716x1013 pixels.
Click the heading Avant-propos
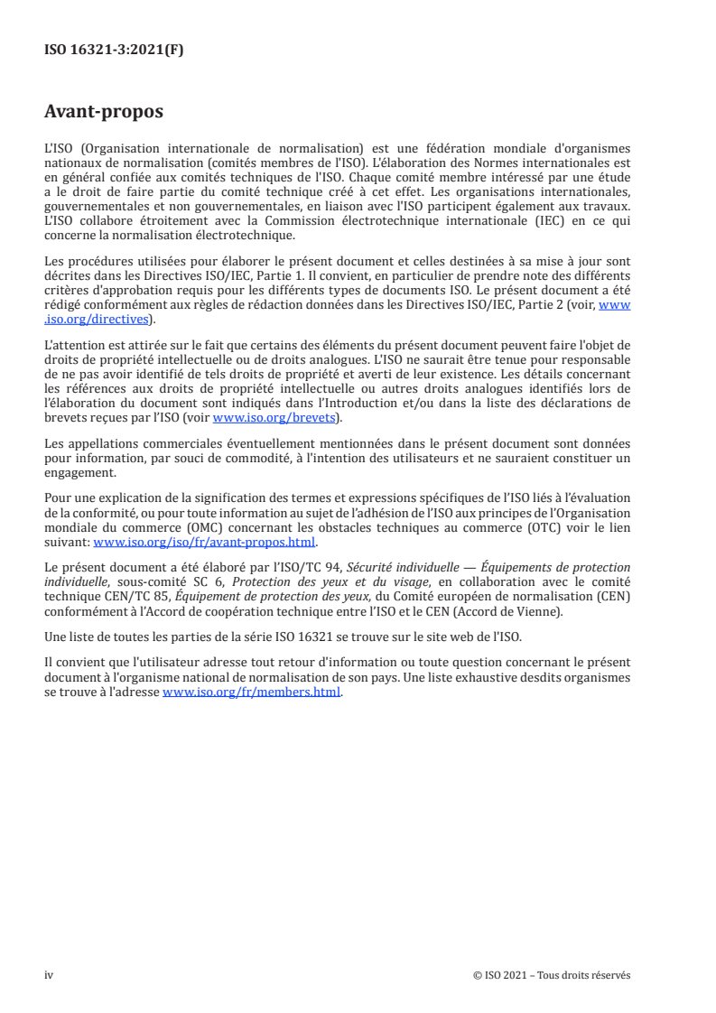(x=104, y=113)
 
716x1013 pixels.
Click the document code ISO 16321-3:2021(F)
(x=114, y=51)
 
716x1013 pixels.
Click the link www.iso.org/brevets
(x=277, y=418)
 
